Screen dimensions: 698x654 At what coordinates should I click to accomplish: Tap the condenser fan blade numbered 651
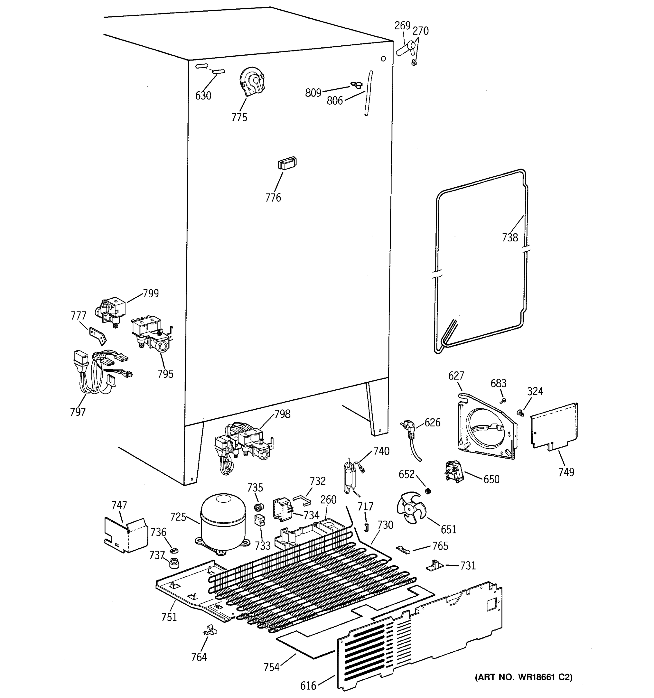[410, 508]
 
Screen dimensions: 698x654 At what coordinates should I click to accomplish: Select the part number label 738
[510, 238]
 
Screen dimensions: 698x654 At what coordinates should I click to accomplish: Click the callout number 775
[239, 117]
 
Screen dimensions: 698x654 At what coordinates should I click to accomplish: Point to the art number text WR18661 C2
[523, 677]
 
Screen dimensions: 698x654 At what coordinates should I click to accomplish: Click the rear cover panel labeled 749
[554, 427]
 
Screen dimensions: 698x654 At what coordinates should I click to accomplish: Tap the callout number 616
[308, 686]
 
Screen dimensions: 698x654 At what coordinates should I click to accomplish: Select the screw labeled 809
[356, 85]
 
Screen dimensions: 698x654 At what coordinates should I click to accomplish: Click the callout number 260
[328, 500]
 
